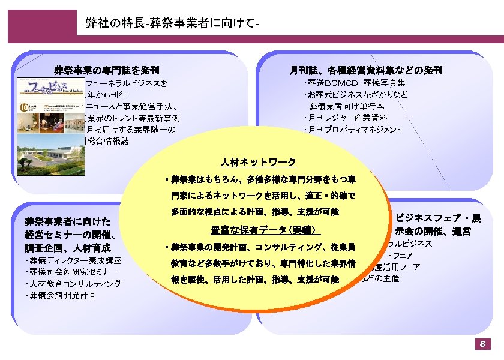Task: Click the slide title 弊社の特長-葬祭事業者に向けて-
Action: point(172,23)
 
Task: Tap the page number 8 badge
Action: point(482,344)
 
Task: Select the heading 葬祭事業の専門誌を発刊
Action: point(107,70)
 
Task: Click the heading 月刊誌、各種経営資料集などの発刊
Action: point(366,70)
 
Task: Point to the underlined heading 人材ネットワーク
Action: point(258,163)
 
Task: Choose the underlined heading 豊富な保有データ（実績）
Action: point(266,230)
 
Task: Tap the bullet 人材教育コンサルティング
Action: point(74,284)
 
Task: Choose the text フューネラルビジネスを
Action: point(127,83)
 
